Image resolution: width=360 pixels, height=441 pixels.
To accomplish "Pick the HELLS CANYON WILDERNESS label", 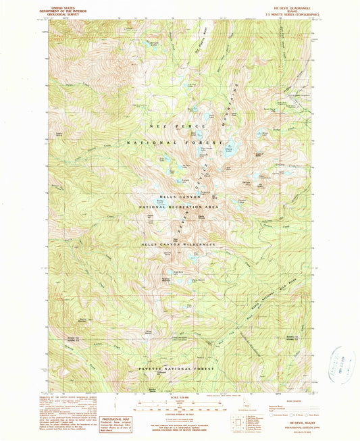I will click(178, 244).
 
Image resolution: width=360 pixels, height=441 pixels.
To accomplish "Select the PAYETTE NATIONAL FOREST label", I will click(176, 369).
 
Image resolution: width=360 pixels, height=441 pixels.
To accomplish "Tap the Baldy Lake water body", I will click(160, 202).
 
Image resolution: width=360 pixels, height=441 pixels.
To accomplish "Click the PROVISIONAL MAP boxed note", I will click(111, 422).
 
